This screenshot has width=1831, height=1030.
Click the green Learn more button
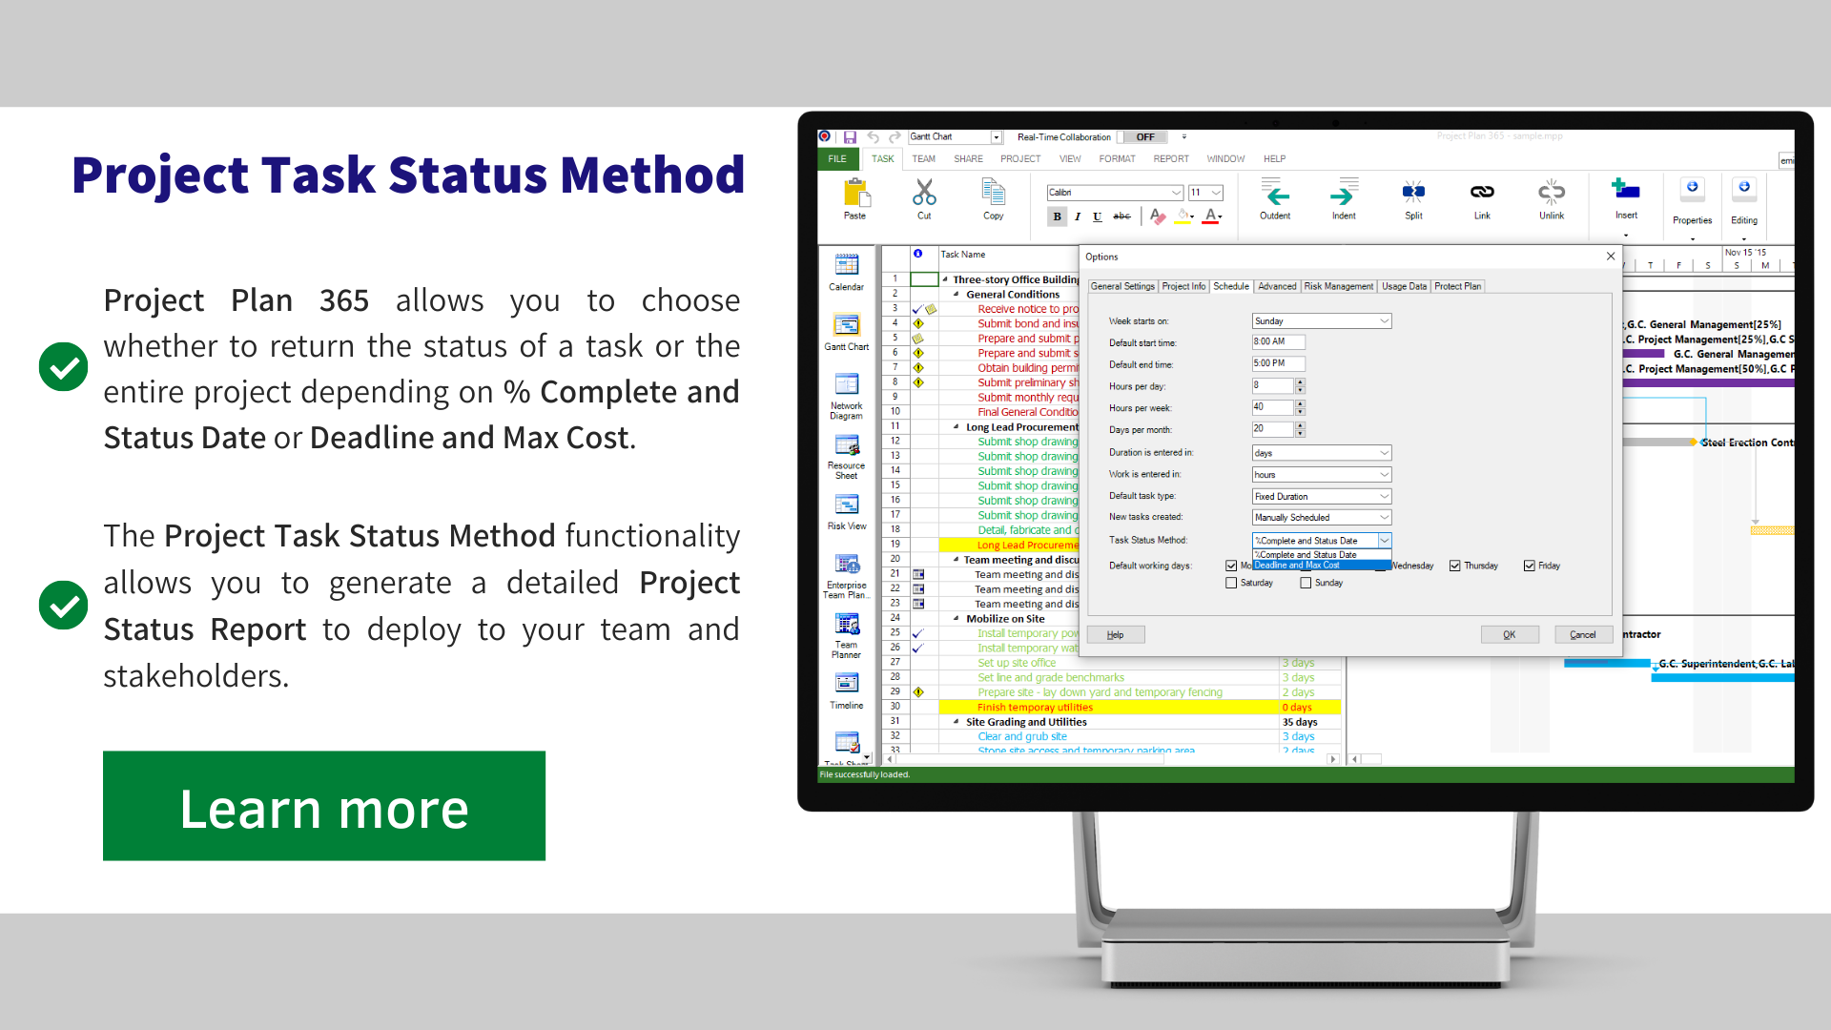(x=324, y=806)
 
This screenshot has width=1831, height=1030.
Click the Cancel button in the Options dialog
(x=1582, y=635)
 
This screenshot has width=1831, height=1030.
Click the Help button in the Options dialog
(x=1115, y=635)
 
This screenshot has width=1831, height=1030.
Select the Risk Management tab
(x=1338, y=286)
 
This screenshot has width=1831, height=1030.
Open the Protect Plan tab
(x=1457, y=286)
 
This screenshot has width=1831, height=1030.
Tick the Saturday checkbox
(x=1231, y=583)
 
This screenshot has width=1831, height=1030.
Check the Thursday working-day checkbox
(x=1455, y=566)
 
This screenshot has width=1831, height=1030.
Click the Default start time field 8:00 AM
(x=1278, y=341)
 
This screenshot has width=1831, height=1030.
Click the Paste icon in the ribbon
(x=855, y=196)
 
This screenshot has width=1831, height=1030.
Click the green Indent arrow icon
(x=1343, y=196)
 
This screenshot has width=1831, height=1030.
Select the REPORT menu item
(x=1171, y=159)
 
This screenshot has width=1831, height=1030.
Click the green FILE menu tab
(x=837, y=159)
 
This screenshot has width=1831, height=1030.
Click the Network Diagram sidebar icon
(x=847, y=386)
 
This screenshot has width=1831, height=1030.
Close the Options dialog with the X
(x=1611, y=257)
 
